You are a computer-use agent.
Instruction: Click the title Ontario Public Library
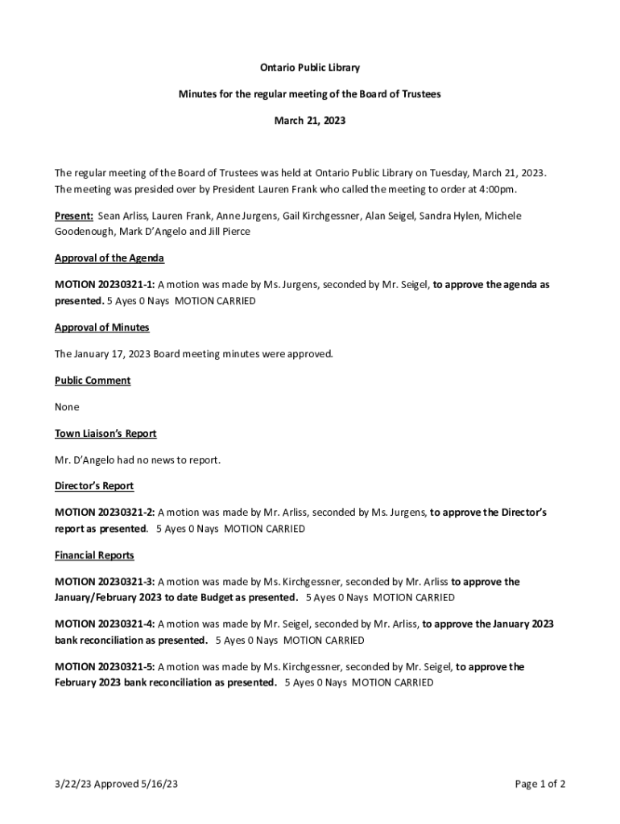(309, 68)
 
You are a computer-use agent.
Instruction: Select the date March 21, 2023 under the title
(309, 120)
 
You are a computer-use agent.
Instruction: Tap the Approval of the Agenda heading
(110, 258)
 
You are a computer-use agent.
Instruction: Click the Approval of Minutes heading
(101, 328)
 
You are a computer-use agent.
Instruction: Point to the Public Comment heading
(93, 381)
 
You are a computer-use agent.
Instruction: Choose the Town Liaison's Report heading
(105, 434)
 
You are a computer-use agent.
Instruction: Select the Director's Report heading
(94, 486)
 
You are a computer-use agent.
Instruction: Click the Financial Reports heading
(94, 555)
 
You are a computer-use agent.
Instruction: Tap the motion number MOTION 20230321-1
(105, 285)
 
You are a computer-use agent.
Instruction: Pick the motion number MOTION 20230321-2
(105, 513)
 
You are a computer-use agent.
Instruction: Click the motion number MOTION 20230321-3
(105, 582)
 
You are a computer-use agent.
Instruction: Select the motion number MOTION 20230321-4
(105, 624)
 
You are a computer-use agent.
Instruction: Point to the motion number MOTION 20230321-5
(105, 667)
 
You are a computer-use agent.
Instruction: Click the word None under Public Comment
(67, 407)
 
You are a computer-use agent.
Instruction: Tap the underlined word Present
(73, 216)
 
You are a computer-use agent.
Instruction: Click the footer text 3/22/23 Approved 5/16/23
(116, 784)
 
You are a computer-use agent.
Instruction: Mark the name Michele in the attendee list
(502, 216)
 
